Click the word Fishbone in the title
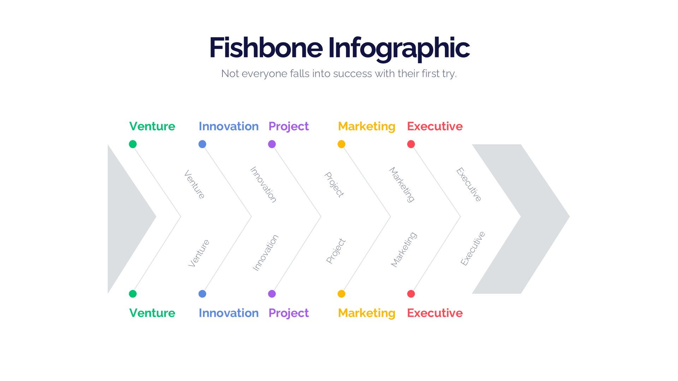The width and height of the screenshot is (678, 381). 266,48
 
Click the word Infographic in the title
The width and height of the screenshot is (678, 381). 399,48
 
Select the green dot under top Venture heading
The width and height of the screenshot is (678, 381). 133,144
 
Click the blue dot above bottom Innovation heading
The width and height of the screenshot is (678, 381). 202,294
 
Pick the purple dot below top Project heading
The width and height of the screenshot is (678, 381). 272,144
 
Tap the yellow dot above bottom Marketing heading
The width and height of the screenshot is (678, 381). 341,294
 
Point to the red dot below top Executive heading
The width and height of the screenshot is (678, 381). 411,144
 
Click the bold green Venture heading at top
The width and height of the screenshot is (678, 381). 152,126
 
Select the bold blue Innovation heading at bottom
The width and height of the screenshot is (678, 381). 228,313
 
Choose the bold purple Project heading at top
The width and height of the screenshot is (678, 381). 289,126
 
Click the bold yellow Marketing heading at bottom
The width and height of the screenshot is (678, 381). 367,313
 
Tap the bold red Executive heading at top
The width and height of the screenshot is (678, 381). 435,126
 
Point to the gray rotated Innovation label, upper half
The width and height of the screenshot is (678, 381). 263,185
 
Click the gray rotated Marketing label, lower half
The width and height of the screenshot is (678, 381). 404,249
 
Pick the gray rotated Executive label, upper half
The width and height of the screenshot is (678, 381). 469,185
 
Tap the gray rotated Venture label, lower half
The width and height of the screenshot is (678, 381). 199,253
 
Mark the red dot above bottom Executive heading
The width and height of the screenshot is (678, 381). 411,294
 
